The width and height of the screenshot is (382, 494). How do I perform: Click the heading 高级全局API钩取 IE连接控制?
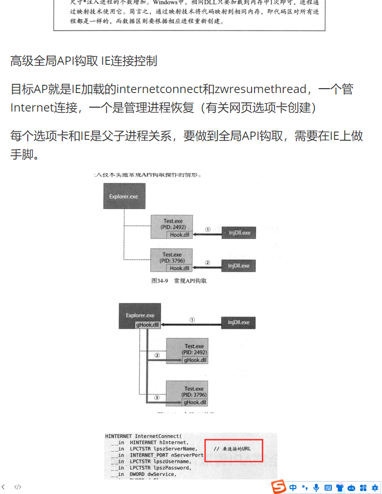(83, 61)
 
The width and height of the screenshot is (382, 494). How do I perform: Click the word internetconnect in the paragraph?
(159, 89)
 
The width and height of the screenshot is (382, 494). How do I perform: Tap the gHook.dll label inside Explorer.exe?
(147, 325)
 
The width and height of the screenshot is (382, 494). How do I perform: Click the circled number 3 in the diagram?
(157, 398)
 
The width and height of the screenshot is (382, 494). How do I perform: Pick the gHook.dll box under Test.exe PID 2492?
(195, 361)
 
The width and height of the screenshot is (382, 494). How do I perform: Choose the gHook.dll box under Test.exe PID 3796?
(195, 402)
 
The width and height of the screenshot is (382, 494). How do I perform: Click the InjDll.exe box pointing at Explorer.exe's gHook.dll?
(238, 323)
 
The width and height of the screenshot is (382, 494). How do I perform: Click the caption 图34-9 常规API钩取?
(179, 281)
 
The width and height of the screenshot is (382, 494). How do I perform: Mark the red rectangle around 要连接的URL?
(234, 451)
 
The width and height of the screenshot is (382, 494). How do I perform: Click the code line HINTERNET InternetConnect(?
(143, 436)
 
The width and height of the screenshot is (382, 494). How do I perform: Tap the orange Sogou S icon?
(278, 486)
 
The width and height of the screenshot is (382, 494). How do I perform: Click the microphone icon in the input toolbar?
(316, 487)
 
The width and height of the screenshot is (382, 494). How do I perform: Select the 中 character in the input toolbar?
(293, 487)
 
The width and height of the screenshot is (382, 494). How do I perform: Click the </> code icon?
(18, 487)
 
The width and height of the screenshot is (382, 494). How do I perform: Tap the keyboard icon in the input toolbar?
(328, 487)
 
